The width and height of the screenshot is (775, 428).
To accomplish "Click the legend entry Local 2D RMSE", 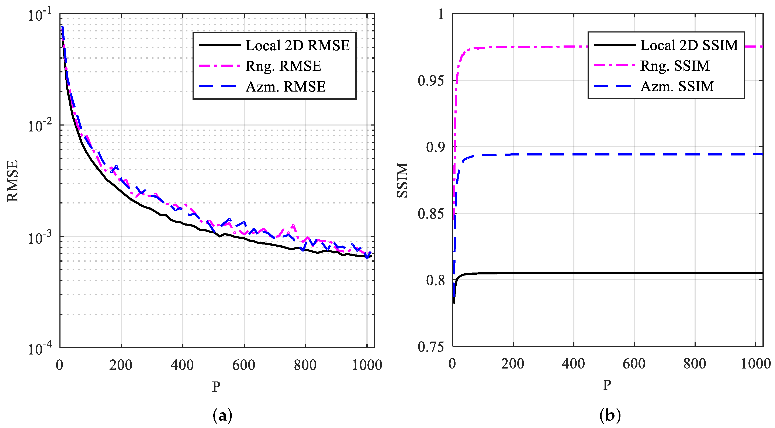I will coord(297,45).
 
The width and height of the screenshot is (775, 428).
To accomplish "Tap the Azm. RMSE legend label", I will coord(285,87).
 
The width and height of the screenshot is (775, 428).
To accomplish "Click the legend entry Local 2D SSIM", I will coord(689,45).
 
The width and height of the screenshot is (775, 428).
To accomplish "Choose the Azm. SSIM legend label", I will coord(677,86).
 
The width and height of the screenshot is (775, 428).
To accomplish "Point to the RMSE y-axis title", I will coord(13,181).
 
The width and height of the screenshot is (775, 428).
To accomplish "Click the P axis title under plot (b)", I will coord(607,385).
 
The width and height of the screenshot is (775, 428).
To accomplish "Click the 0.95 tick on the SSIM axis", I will coord(431,81).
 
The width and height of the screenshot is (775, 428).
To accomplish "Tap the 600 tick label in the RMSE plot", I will coord(243,365).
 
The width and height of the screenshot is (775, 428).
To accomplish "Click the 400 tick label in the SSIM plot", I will coord(573,364).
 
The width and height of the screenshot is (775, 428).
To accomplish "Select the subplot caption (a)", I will coord(222,416).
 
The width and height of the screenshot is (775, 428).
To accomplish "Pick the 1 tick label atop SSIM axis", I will coord(441,14).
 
